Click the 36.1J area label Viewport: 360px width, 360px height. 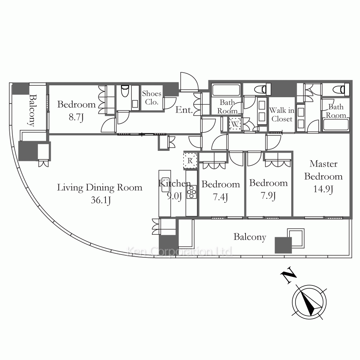[101, 200]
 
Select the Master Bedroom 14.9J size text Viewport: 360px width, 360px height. [323, 189]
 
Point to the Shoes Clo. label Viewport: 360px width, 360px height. [152, 98]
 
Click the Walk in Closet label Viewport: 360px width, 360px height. [282, 114]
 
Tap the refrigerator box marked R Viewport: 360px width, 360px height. [190, 161]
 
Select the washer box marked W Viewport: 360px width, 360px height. [235, 124]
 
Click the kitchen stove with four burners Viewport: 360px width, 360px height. [192, 192]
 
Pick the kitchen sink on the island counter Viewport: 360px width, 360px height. [165, 184]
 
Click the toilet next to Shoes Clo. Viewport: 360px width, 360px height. [125, 91]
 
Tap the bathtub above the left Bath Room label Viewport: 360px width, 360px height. [226, 90]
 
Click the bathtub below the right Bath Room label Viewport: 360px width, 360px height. [336, 125]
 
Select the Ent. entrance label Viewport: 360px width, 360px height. [184, 110]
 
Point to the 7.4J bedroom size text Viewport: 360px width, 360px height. [220, 197]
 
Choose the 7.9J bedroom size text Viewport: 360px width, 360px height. [268, 196]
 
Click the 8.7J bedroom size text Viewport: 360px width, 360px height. [76, 117]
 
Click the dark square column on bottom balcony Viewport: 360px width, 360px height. [283, 245]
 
